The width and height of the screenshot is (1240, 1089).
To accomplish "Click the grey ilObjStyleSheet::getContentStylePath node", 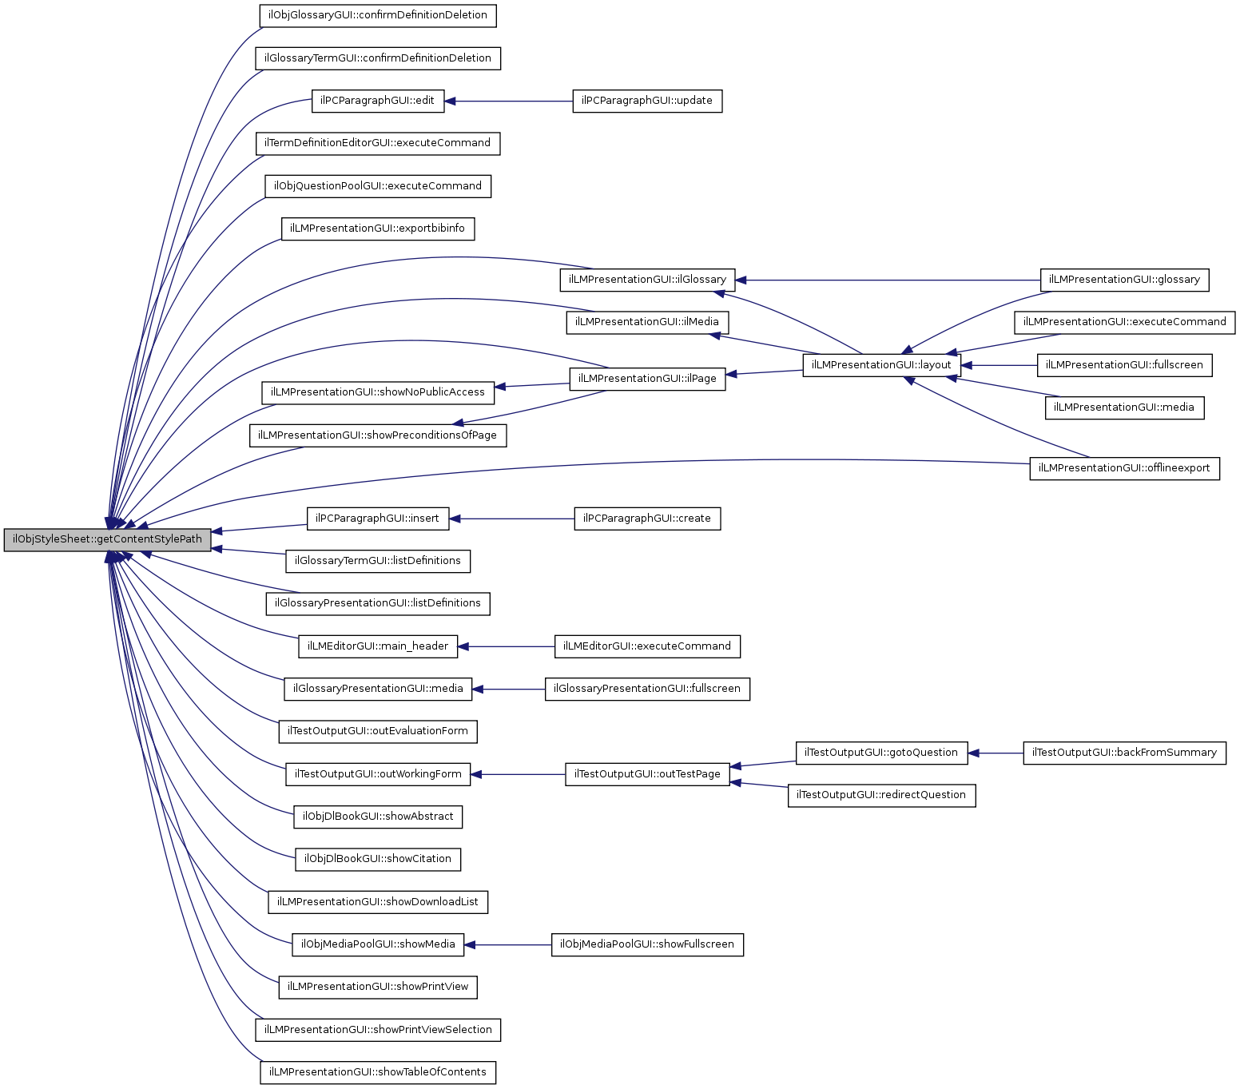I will tap(108, 539).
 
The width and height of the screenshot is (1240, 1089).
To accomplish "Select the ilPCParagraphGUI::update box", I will tap(647, 101).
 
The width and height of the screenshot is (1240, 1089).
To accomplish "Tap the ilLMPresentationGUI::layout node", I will tap(881, 365).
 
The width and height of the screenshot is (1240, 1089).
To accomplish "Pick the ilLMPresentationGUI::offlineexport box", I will tap(1124, 468).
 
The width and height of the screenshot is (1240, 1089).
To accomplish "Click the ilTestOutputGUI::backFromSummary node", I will tap(1124, 753).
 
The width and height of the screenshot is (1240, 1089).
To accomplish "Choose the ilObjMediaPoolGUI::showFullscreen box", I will tap(647, 944).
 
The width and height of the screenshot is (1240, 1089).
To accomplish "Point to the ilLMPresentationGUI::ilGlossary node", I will tap(647, 280).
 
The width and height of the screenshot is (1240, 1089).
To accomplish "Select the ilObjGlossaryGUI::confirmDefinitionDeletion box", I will tap(378, 15).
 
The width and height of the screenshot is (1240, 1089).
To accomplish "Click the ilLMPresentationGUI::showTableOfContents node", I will tap(378, 1072).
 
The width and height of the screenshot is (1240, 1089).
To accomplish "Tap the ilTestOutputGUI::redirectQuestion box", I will tap(881, 795).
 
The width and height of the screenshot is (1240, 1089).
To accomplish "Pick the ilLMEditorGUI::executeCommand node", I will tap(647, 646).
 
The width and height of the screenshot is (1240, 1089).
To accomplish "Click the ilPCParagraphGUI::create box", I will tap(647, 519).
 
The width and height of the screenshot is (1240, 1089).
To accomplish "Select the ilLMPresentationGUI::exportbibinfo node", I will tap(378, 229).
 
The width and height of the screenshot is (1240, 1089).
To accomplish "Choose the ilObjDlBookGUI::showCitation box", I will tap(378, 859).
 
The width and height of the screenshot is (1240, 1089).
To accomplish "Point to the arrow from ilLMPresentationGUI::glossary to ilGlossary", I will tap(887, 280).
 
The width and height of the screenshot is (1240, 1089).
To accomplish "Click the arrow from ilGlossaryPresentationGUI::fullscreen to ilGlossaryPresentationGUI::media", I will tap(508, 689).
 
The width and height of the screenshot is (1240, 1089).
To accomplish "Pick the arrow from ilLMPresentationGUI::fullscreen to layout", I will tap(999, 365).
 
